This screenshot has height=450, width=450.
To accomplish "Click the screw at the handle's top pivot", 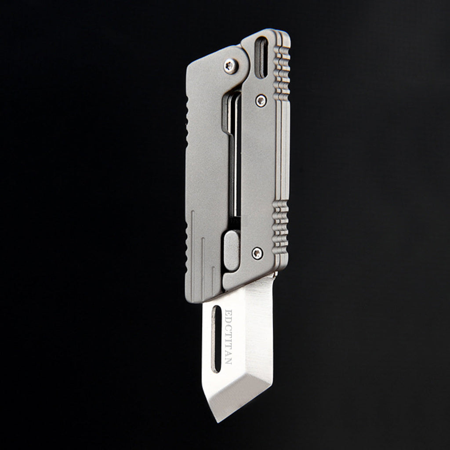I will pyautogui.click(x=230, y=66).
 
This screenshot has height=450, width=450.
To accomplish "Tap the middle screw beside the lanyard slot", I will pyautogui.click(x=261, y=101).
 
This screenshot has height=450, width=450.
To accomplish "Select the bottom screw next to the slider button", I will pyautogui.click(x=257, y=253).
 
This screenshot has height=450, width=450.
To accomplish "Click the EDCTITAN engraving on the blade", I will pyautogui.click(x=229, y=337).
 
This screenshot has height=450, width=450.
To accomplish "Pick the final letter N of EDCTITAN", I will pyautogui.click(x=229, y=360).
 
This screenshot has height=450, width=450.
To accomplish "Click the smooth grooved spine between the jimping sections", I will pyautogui.click(x=283, y=149).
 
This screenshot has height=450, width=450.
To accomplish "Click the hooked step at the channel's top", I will pyautogui.click(x=227, y=127).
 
